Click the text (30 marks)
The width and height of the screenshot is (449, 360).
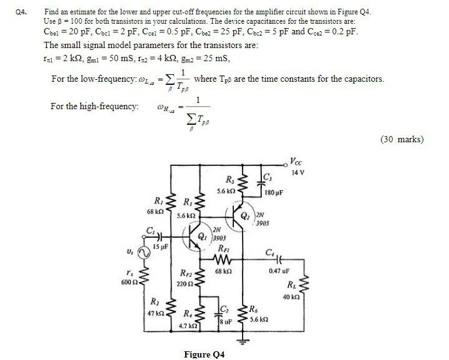click(x=402, y=139)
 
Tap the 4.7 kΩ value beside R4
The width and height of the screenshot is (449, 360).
click(x=187, y=326)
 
